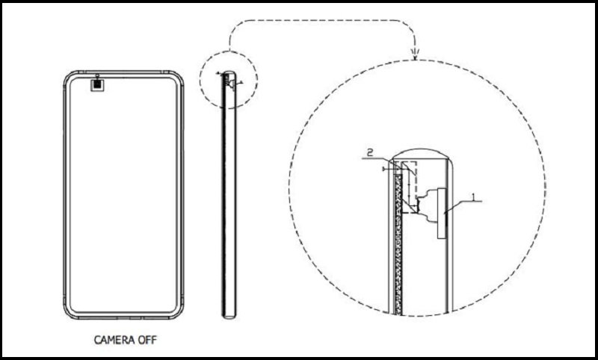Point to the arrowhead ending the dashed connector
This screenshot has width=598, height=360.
pyautogui.click(x=415, y=54)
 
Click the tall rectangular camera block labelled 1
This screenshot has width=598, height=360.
pyautogui.click(x=439, y=213)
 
